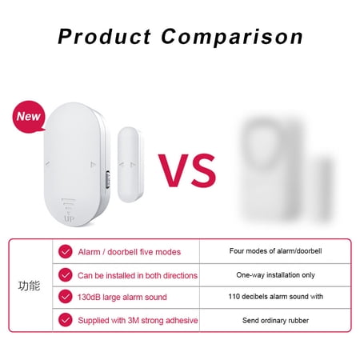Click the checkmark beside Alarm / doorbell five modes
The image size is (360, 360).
[66, 252]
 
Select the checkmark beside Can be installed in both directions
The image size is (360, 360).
[66, 275]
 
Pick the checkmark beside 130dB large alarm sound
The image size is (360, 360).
[66, 298]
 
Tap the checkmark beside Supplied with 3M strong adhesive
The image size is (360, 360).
[66, 320]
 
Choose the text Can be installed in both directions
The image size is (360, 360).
[138, 275]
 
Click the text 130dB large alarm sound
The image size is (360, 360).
[123, 298]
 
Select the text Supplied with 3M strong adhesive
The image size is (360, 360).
[138, 320]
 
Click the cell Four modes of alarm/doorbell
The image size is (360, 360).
[275, 251]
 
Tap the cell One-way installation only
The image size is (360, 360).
[275, 274]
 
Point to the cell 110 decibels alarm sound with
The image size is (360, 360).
[275, 297]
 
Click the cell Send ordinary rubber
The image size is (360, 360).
[275, 320]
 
